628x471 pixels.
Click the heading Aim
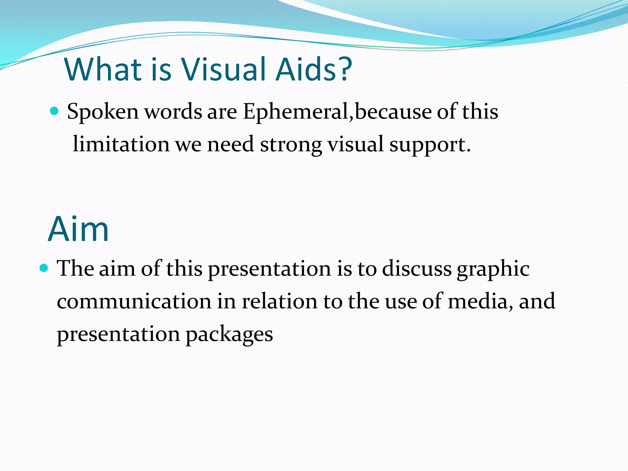[78, 229]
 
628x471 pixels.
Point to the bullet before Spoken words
[54, 111]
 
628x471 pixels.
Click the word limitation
[121, 144]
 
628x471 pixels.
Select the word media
[480, 301]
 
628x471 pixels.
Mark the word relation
[279, 301]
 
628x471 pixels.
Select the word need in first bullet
[230, 144]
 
